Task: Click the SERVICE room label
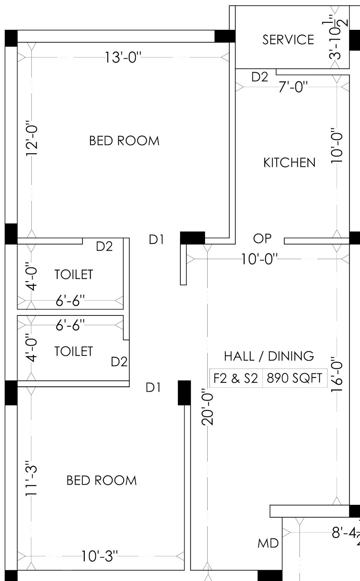[x=288, y=40]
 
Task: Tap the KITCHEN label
[x=289, y=163]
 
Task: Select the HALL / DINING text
[x=269, y=356]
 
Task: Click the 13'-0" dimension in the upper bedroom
[x=123, y=58]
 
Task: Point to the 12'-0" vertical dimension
[x=32, y=138]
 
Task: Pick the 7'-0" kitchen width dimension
[x=294, y=87]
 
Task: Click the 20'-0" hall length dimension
[x=208, y=407]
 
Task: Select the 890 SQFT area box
[x=294, y=378]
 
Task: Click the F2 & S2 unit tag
[x=236, y=378]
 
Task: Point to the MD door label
[x=268, y=543]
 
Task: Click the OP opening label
[x=262, y=239]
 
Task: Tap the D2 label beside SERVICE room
[x=260, y=77]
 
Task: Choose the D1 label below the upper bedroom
[x=156, y=240]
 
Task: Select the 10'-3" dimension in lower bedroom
[x=100, y=556]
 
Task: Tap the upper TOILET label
[x=74, y=274]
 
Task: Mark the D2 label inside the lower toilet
[x=119, y=362]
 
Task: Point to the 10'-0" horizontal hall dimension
[x=260, y=259]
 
